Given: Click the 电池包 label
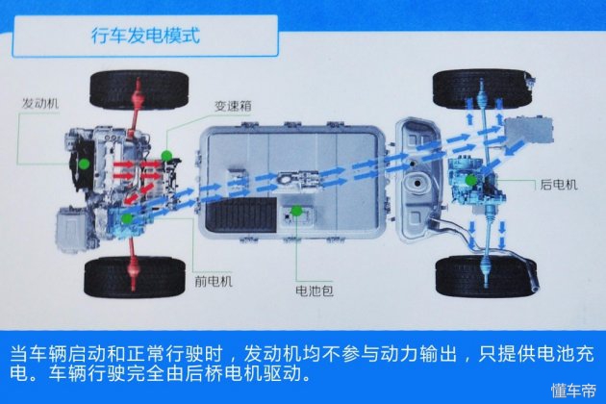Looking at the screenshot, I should tap(314, 288).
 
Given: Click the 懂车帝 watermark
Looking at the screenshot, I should tap(571, 390).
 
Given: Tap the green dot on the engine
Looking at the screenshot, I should tap(85, 164).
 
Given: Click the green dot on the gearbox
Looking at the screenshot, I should tap(166, 155).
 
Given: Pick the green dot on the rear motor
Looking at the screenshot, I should tap(471, 180).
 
